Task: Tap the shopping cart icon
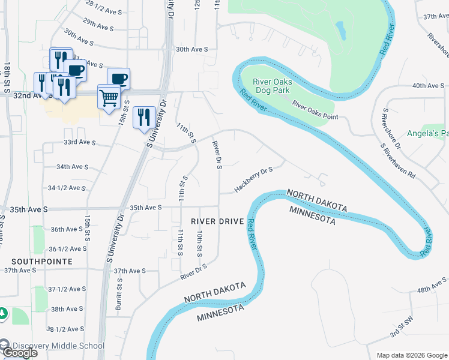tap(109, 98)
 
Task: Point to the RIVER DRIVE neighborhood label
tap(217, 221)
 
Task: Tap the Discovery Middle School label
tap(58, 346)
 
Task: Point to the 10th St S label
tap(200, 242)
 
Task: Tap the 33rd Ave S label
tap(80, 142)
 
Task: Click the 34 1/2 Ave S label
tap(67, 188)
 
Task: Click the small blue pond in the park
tap(340, 30)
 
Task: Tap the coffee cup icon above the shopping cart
tap(118, 79)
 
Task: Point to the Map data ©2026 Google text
tap(411, 355)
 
